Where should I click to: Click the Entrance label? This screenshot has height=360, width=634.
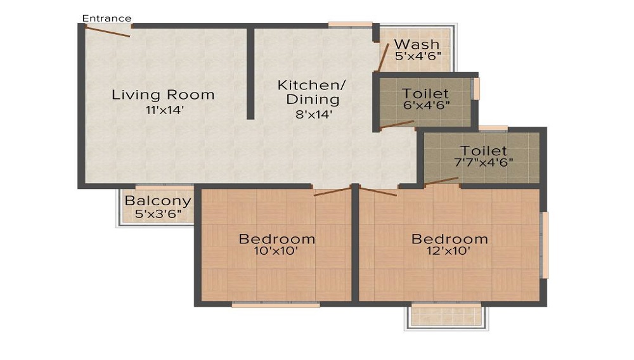(107, 18)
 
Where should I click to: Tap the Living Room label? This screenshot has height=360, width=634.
(163, 95)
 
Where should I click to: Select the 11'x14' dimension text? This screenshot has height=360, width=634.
(164, 110)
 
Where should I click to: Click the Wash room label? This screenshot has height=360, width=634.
(417, 44)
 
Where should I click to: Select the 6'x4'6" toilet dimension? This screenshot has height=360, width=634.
(426, 105)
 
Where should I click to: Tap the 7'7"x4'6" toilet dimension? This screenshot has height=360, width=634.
(484, 162)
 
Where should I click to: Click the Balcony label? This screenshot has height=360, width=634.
(157, 201)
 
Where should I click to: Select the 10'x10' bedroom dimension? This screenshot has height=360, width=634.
(276, 251)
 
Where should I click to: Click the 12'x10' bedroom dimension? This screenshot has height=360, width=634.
(450, 251)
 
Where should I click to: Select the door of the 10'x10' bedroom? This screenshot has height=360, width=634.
(332, 191)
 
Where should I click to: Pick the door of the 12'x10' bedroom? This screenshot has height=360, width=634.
(378, 191)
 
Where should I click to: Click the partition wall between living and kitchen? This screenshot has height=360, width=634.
(250, 73)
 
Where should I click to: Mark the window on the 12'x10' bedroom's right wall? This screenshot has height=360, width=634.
(544, 245)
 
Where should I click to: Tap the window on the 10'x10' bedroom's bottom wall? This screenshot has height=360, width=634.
(275, 305)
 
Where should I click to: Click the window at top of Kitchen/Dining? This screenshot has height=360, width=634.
(350, 25)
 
